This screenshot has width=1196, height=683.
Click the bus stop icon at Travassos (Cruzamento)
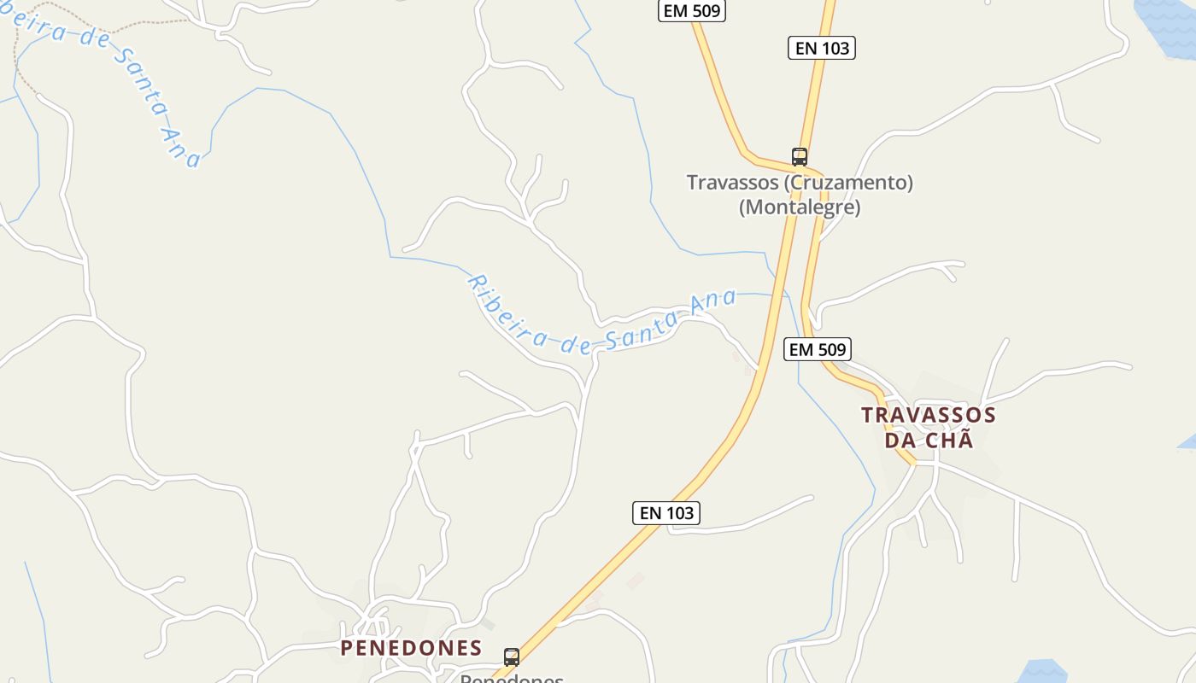coord(800,157)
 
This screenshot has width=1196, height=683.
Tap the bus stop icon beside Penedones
coord(512,657)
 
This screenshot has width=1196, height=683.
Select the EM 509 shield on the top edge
coord(692,11)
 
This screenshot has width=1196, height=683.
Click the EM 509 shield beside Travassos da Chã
coord(818,349)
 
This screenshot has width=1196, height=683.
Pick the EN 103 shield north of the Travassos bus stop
coord(822,49)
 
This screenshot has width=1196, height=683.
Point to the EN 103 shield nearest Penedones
coord(667,513)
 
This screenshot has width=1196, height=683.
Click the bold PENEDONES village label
coord(411,648)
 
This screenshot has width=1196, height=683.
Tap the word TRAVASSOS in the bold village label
coord(929,416)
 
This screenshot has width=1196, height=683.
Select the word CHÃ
coord(952,441)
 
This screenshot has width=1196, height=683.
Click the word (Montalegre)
coord(800,207)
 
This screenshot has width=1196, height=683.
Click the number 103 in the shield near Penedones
coord(679,513)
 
